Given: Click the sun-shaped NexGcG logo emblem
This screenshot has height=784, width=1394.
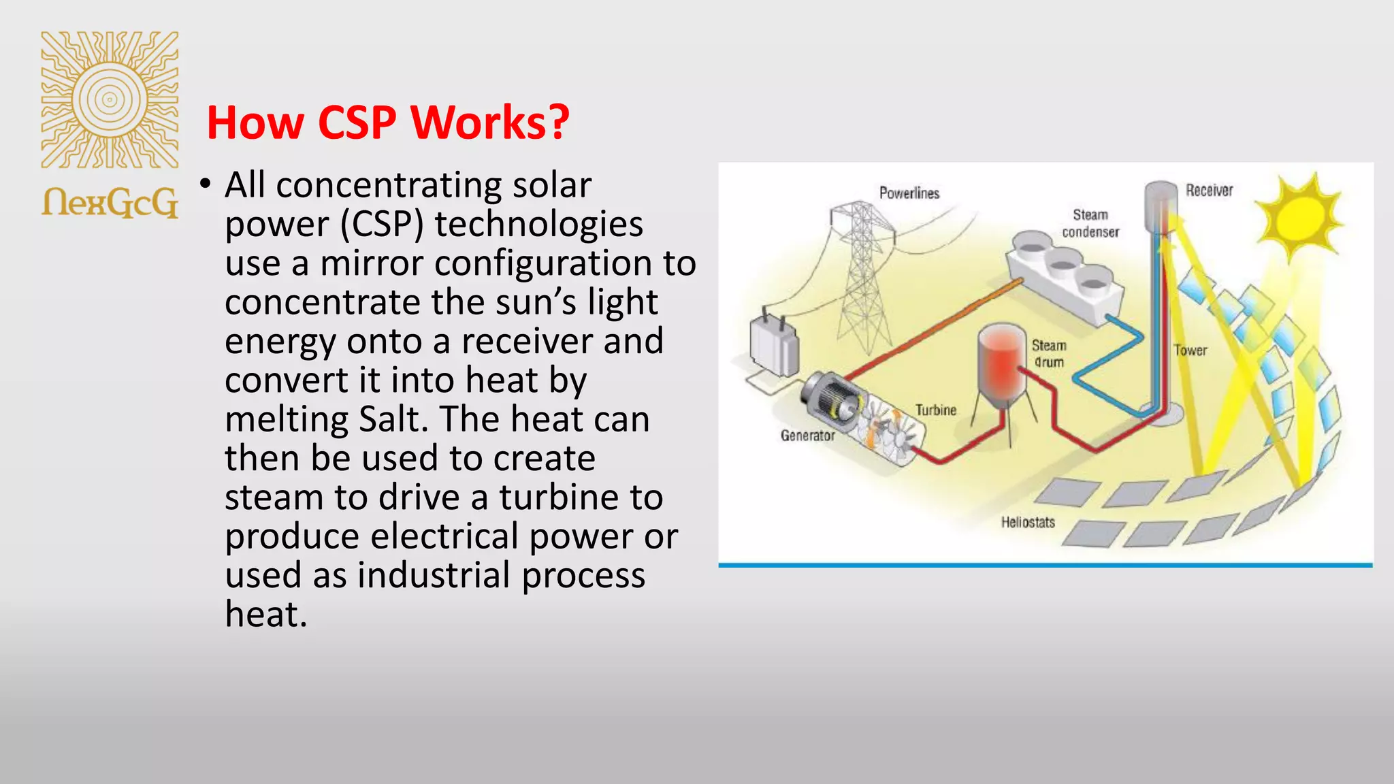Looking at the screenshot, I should click(110, 99).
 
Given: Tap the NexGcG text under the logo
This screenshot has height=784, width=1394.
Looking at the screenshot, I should click(110, 202).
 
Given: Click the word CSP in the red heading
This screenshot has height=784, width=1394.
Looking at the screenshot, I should click(357, 123).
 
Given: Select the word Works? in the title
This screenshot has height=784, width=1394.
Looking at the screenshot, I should click(490, 123).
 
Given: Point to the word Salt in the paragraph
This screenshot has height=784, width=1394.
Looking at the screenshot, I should click(389, 419).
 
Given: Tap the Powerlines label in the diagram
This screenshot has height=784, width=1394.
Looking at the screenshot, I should click(909, 193).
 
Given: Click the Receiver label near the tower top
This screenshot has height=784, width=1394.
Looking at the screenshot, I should click(1209, 191).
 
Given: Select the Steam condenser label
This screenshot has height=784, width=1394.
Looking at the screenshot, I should click(1090, 223).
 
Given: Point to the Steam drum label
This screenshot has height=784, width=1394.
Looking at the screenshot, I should click(1049, 354).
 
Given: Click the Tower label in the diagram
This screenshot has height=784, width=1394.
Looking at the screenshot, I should click(1190, 350).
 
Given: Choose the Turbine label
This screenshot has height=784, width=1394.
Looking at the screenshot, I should click(935, 410).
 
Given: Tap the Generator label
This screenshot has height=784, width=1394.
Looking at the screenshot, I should click(807, 436).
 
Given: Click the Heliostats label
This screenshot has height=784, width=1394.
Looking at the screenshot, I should click(1028, 523).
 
